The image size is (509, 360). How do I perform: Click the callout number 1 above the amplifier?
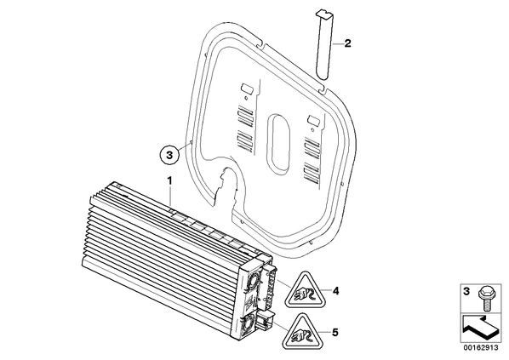pos(169,180)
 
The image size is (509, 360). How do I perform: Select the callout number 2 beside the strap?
pos(347,43)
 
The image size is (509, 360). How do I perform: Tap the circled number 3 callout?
pos(169,155)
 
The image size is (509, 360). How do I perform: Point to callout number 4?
pos(335,291)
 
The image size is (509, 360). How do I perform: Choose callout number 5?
pos(335,333)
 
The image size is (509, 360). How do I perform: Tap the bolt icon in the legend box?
pos(486,298)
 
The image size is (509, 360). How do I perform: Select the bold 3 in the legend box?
pos(466,292)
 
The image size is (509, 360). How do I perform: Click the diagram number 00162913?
pos(481,348)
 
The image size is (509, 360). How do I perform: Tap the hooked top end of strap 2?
pos(325,14)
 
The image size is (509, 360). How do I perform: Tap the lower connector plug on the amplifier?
pos(265,321)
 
